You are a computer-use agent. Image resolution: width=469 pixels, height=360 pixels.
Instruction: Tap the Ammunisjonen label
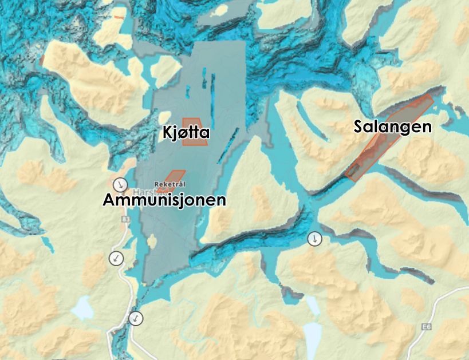tap(164, 200)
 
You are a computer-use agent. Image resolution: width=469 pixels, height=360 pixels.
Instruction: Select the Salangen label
tap(392, 126)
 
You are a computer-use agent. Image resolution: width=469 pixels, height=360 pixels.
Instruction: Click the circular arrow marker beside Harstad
tap(120, 185)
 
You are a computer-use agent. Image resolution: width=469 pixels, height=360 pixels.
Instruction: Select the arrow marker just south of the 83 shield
tap(117, 258)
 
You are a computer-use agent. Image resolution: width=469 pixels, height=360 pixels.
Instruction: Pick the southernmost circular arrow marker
tap(136, 318)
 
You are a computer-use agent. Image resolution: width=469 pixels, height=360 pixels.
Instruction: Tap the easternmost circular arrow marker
tap(314, 239)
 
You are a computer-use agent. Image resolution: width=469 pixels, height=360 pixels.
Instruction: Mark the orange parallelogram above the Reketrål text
tap(175, 175)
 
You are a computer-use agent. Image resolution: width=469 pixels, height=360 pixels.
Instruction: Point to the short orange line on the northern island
tap(119, 17)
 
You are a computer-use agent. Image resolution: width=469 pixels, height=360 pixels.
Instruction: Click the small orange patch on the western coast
tap(42, 60)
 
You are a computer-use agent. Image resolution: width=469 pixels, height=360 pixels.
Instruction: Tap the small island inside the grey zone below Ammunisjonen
tap(152, 242)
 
